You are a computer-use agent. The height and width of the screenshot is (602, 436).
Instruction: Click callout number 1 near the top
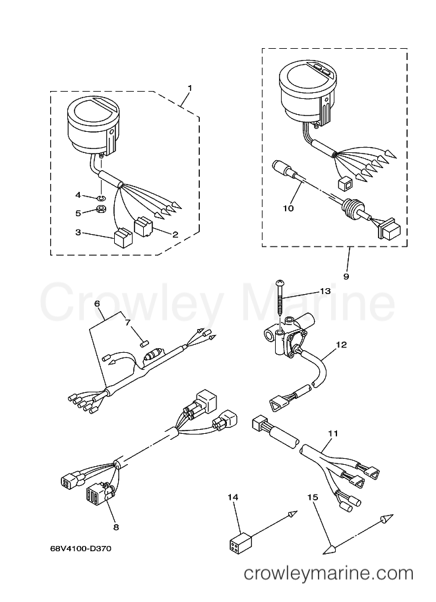point(189,88)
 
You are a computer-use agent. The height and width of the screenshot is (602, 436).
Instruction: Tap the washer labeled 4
point(102,198)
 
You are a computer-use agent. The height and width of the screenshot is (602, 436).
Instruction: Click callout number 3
point(78,232)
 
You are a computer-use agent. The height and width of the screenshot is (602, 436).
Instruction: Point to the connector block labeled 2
point(143,227)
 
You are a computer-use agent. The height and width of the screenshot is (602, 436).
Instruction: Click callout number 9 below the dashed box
point(346,276)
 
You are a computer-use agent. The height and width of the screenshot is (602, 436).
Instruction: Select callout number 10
point(288,208)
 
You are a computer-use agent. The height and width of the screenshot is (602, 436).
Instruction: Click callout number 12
point(341,345)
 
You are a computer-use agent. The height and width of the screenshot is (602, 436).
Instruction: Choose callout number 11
point(333,433)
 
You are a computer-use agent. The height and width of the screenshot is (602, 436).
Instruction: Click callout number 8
point(116,527)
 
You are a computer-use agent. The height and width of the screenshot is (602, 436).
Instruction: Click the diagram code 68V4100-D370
point(80,549)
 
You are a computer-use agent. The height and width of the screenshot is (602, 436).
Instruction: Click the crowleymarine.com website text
point(329,574)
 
